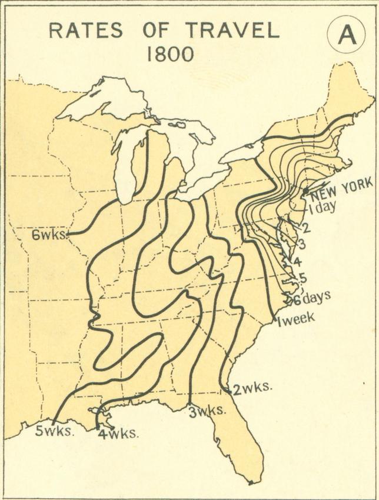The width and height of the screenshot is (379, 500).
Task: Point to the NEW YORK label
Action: tap(341, 186)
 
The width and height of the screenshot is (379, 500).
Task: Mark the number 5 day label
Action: tap(302, 278)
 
